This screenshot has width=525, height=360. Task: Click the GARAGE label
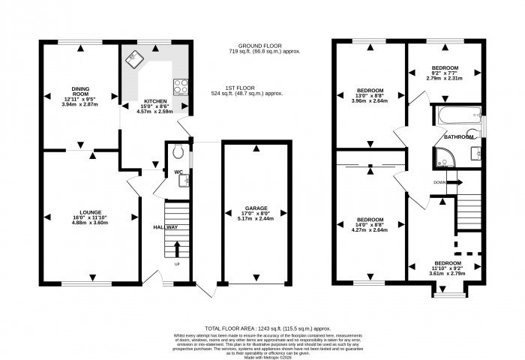tap(256, 208)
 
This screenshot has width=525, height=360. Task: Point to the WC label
tap(178, 172)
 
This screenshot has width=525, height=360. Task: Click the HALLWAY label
tap(166, 227)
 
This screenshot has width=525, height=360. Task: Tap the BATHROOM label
tap(458, 137)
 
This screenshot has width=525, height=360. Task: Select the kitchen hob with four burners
tap(181, 85)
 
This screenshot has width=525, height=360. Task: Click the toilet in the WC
tap(177, 151)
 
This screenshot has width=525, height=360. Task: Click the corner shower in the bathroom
tap(441, 158)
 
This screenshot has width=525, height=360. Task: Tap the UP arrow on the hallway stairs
tap(177, 249)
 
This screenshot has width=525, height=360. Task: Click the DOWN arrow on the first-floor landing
tap(454, 182)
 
